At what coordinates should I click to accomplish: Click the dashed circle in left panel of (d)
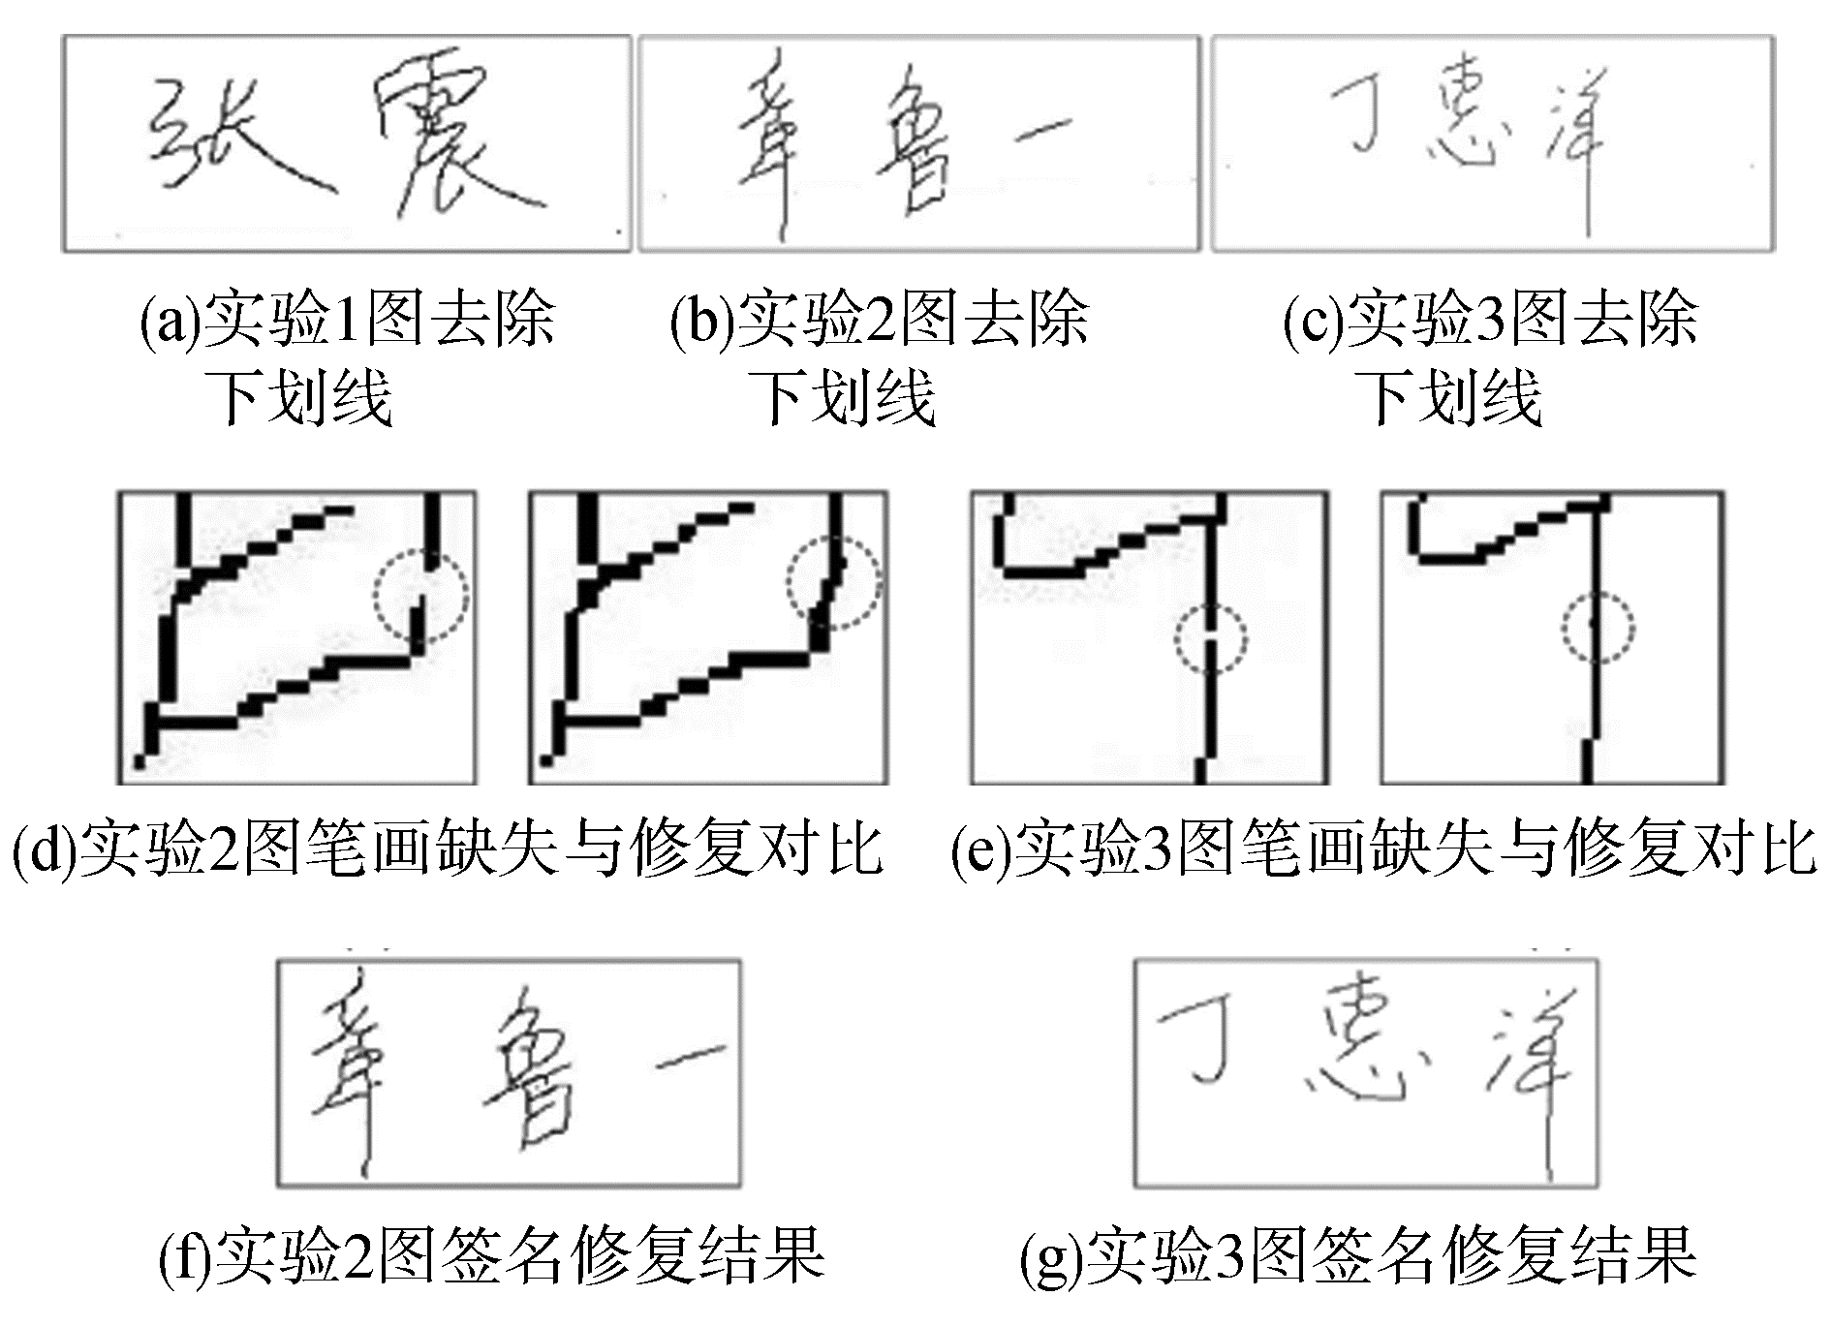(421, 594)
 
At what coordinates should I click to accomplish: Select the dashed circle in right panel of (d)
(833, 582)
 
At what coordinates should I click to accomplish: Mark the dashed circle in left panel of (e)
(1211, 639)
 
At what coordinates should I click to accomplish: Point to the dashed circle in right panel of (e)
(1598, 628)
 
